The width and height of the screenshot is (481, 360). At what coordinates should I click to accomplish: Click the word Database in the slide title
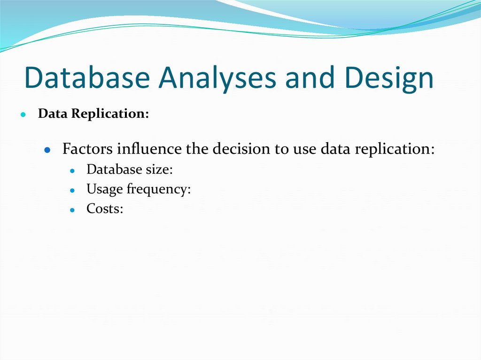pos(88,78)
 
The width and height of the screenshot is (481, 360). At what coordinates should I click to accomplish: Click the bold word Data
pos(53,114)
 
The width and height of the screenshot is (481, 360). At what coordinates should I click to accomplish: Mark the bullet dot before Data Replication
pos(23,115)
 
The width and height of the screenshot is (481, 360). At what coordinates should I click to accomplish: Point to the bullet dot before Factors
pos(47,151)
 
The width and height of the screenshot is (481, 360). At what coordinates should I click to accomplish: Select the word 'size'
pos(159,169)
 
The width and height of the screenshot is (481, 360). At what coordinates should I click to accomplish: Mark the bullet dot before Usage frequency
pos(72,191)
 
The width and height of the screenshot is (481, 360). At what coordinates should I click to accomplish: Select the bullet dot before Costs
pos(72,210)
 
